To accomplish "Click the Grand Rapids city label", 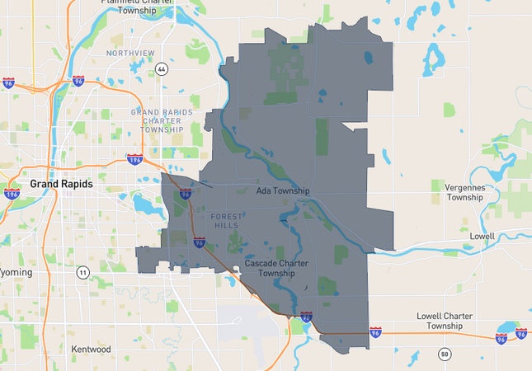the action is point(61,184).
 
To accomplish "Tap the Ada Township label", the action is point(282,191).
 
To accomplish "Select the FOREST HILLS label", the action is point(228,220).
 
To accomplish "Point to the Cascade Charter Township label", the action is point(276,268).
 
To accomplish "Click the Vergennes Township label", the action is point(458,192).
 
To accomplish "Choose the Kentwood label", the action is point(91,350).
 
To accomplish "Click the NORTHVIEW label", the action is point(130,53).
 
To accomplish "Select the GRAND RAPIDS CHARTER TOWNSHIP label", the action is point(162,120).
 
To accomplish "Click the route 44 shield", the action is point(162,69).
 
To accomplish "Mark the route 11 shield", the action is point(82,272).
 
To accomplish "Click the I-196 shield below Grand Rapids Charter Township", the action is point(134,158).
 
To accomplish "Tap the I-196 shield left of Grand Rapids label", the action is point(12,194).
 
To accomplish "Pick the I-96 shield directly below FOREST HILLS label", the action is point(200,242).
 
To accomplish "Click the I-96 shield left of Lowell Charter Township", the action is point(376,332).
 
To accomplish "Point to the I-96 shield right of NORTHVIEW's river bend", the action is point(78,81).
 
